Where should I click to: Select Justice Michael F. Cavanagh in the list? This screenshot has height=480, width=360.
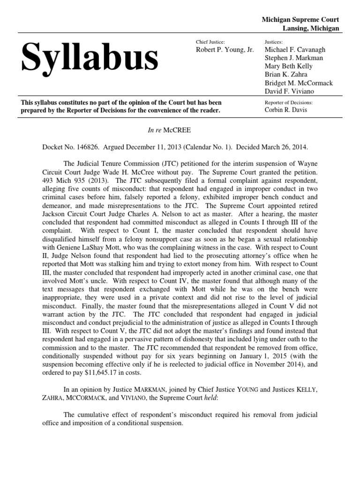[295, 50]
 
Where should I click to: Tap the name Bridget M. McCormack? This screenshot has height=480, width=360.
[299, 83]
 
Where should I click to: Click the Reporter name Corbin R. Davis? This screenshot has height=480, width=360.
[285, 110]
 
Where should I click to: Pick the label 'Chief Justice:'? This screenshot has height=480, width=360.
[210, 42]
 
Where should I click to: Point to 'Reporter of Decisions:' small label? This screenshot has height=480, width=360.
[288, 102]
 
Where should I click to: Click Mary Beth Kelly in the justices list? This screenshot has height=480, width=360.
[288, 66]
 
